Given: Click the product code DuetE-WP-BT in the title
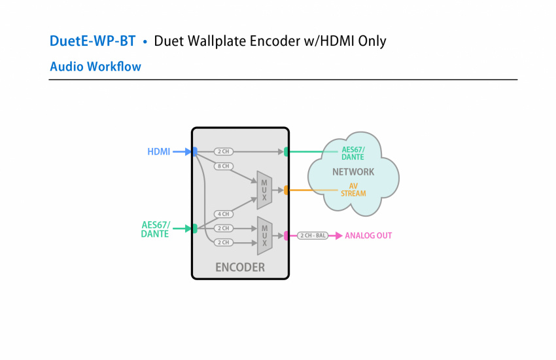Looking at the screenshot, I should [92, 41].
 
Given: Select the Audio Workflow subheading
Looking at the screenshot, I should [96, 66].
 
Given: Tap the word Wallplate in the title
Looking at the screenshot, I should [220, 41].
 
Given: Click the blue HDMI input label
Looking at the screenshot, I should [158, 152].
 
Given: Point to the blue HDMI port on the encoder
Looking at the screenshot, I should [194, 152].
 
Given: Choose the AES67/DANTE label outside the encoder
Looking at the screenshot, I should [155, 229].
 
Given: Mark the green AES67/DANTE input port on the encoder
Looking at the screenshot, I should [194, 228].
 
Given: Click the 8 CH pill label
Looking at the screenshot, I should [223, 166].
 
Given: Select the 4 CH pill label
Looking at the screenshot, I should [223, 214].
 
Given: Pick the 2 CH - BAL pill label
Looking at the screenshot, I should [313, 235].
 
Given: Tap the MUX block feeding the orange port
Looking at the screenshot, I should [264, 190].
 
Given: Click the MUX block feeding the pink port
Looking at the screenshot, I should [264, 236].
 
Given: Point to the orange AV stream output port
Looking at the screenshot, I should [286, 190].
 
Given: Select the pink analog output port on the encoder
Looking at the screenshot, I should [286, 235].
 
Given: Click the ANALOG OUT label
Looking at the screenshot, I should [368, 236].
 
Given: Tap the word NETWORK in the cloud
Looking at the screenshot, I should [353, 172].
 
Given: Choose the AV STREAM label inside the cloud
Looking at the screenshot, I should [353, 190].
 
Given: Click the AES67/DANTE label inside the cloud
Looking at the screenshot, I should [353, 153].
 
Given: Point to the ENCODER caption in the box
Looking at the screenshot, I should [240, 267].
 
